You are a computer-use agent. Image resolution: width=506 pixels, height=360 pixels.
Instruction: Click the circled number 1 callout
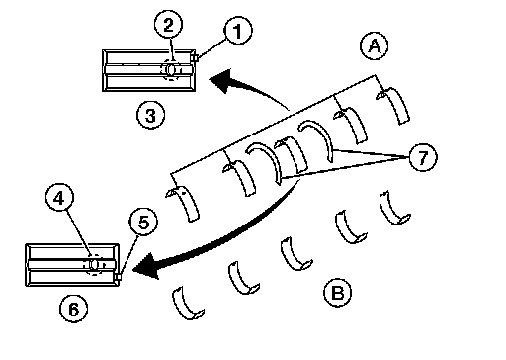click(x=238, y=31)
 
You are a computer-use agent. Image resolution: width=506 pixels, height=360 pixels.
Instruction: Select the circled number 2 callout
click(x=168, y=25)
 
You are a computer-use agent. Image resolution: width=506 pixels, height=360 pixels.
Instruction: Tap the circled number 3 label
click(x=150, y=115)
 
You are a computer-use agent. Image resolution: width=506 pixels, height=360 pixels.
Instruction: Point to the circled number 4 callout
click(x=59, y=198)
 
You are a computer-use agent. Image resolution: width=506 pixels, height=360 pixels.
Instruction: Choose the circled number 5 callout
click(x=143, y=222)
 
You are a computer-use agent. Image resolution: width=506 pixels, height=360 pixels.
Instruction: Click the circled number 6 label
click(x=74, y=309)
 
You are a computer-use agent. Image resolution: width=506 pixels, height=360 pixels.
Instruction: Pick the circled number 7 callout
click(x=423, y=157)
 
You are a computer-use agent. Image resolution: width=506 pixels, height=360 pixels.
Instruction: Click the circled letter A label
click(x=375, y=45)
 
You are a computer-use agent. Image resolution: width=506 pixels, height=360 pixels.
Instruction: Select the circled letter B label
click(x=338, y=292)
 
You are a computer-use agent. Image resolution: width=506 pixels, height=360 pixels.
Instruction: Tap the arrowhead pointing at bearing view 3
click(x=221, y=80)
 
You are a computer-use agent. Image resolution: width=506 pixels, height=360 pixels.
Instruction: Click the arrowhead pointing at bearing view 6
click(x=147, y=266)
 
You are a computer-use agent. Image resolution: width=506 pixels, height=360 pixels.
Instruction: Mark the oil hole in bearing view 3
click(x=170, y=69)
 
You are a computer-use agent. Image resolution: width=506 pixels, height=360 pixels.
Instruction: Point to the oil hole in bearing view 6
click(x=94, y=264)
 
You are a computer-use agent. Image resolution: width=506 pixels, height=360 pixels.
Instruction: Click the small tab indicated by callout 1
click(x=195, y=58)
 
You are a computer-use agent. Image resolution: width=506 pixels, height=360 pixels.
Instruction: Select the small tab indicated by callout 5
click(x=118, y=277)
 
